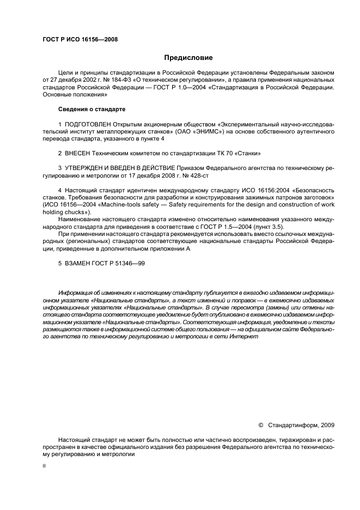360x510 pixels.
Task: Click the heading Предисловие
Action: [x=188, y=58]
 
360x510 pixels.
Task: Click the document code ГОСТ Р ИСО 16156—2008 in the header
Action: [x=80, y=40]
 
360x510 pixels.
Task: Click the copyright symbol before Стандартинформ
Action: [x=260, y=425]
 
